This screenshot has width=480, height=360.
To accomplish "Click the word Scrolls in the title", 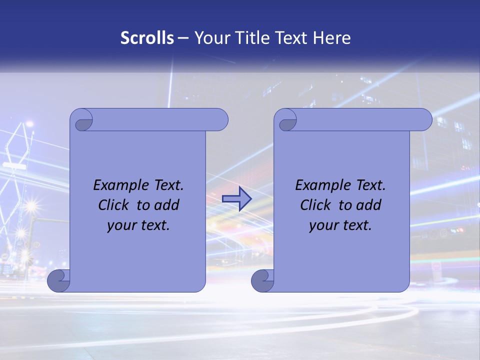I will click(x=147, y=38).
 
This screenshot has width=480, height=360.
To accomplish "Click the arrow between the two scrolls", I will click(x=236, y=199).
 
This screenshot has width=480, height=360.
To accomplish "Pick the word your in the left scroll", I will click(x=120, y=225).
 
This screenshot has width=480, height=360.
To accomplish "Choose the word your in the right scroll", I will click(x=322, y=225).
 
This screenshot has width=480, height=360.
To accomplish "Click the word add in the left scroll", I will click(x=167, y=205).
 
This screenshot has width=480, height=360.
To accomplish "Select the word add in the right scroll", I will click(x=369, y=205).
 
